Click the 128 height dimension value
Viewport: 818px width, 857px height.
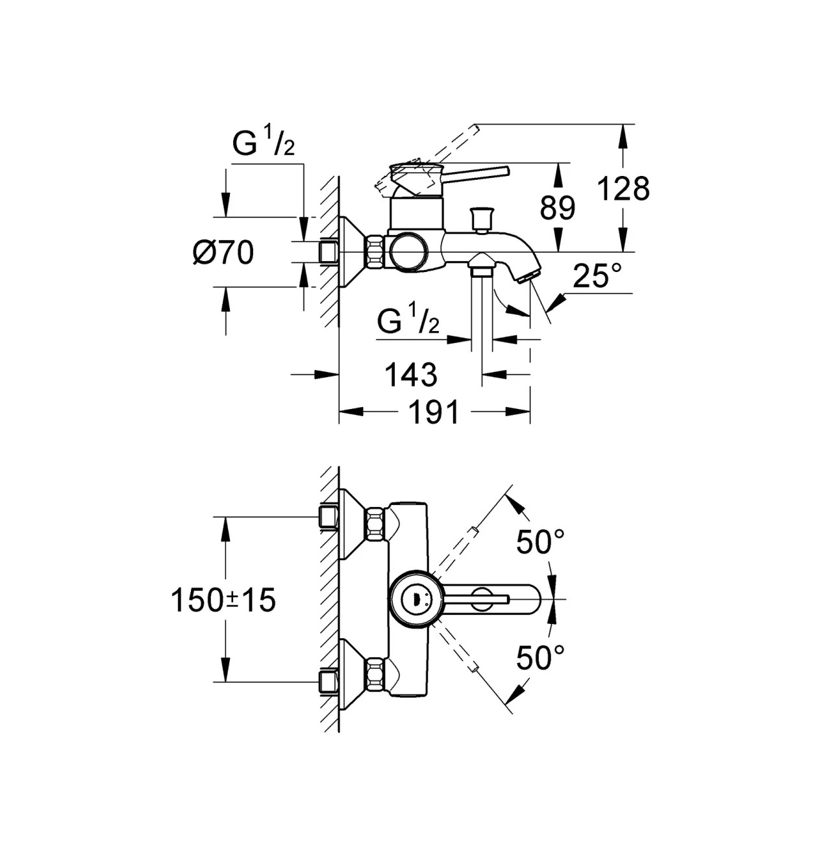tap(623, 189)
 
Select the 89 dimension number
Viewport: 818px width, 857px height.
tap(557, 208)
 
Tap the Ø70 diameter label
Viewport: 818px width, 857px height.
tap(223, 252)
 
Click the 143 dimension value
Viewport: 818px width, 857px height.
tap(411, 375)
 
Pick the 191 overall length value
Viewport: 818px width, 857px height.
tap(434, 412)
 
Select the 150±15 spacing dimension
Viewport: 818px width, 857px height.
tap(223, 600)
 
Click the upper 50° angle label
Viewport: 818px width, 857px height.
tap(540, 541)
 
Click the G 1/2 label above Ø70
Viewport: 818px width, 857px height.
tap(264, 140)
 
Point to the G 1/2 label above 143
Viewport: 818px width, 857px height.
tap(408, 318)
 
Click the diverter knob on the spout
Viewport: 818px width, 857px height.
tap(481, 219)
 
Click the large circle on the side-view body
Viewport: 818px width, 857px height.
tap(409, 252)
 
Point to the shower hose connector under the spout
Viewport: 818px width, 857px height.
tap(481, 264)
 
